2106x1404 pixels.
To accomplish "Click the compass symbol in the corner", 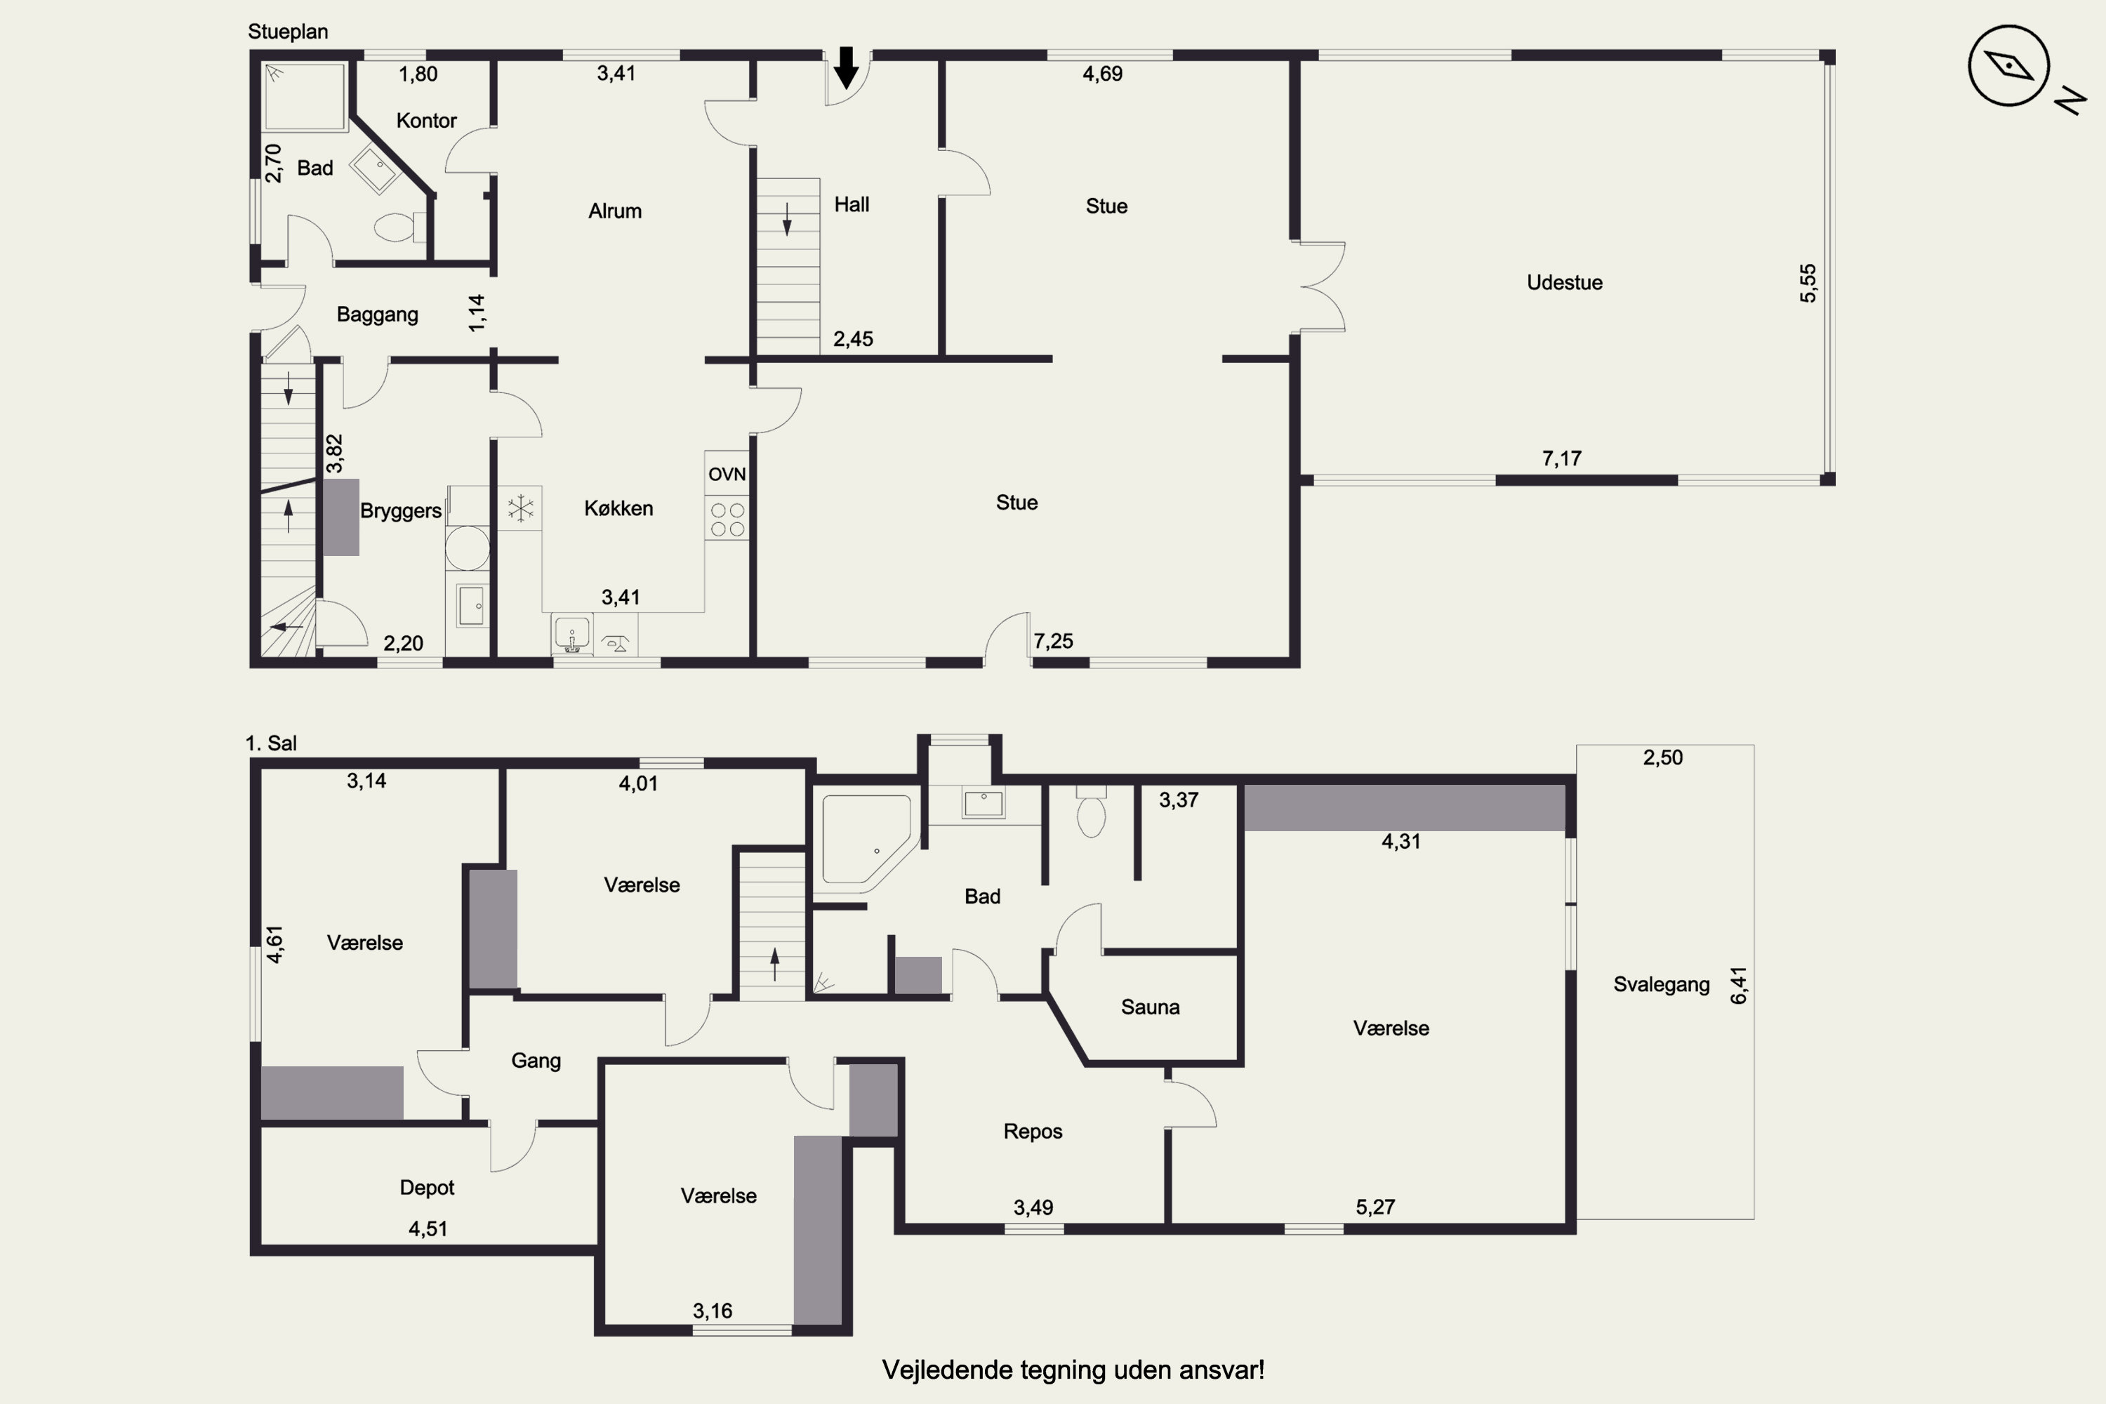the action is (x=2008, y=65).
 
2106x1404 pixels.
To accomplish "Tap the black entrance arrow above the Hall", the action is (x=846, y=68).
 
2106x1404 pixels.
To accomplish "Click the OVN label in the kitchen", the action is (x=727, y=475).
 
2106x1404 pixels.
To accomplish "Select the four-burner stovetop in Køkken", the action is (x=727, y=519).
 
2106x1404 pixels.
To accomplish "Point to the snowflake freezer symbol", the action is (x=520, y=508).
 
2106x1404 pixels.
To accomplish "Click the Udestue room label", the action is (x=1564, y=282).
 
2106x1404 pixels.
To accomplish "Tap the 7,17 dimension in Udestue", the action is (x=1561, y=458).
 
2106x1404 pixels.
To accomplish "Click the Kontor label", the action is (x=426, y=120).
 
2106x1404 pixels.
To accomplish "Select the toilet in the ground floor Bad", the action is (x=399, y=227).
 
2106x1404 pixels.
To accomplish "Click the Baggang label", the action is (x=377, y=314).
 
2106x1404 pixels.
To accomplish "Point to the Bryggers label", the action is (x=400, y=510).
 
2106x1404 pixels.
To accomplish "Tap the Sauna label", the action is (x=1150, y=1007).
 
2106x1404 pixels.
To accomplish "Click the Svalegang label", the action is (x=1661, y=985).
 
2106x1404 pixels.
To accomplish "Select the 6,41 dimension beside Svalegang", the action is (x=1738, y=985).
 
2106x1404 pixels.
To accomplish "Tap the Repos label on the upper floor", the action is (x=1033, y=1131).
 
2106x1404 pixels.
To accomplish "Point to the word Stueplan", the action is (x=287, y=32).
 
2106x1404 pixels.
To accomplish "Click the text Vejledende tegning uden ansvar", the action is (x=1073, y=1370).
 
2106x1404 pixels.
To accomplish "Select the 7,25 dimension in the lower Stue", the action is (x=1053, y=641).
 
